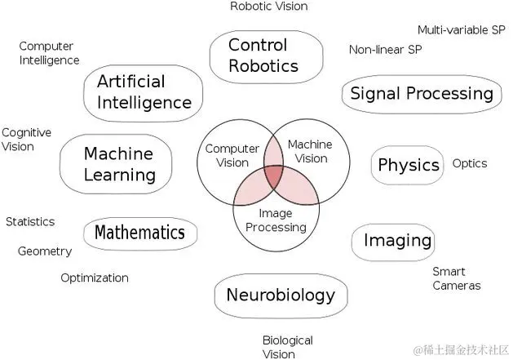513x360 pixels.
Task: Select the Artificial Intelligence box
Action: [x=144, y=92]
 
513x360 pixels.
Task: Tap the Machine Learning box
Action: [x=119, y=163]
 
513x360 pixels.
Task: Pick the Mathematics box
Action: [x=139, y=233]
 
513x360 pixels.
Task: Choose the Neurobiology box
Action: [x=280, y=295]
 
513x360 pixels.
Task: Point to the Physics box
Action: [x=408, y=165]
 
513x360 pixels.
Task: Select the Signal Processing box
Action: [x=421, y=94]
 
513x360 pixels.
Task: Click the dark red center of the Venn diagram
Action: [x=275, y=178]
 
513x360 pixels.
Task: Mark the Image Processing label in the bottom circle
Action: [x=276, y=220]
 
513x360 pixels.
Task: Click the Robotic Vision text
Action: [x=268, y=7]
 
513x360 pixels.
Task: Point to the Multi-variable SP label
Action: [x=461, y=30]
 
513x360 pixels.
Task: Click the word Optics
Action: [x=469, y=163]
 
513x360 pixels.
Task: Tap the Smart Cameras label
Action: [x=456, y=278]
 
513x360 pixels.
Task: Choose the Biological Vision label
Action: [x=287, y=347]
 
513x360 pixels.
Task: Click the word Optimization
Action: [x=95, y=278]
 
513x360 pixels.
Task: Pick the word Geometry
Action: [x=45, y=251]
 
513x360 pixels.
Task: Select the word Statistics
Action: [x=30, y=221]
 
